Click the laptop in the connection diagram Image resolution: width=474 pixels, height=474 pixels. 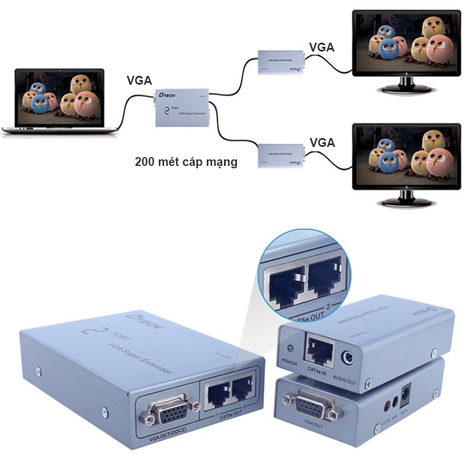pyautogui.click(x=59, y=101)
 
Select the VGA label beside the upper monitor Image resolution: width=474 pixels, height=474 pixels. pyautogui.click(x=322, y=47)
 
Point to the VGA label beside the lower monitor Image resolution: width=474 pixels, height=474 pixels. pyautogui.click(x=322, y=142)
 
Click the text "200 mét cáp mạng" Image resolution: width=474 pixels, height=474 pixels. pyautogui.click(x=186, y=162)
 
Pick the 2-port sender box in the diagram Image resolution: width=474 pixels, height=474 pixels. pyautogui.click(x=181, y=107)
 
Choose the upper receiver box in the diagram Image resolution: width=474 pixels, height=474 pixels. pyautogui.click(x=281, y=62)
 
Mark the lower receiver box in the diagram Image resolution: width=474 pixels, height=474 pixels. pyautogui.click(x=281, y=155)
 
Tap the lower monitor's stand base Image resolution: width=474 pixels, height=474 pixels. pyautogui.click(x=406, y=202)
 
